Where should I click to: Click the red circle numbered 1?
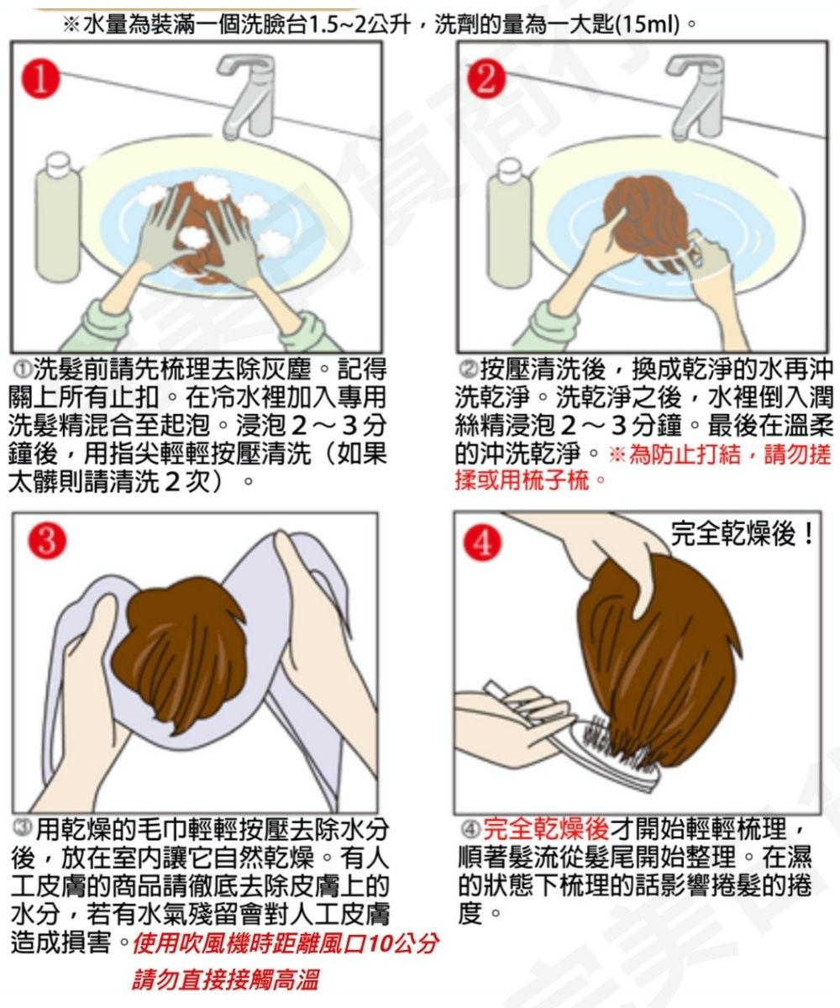click(41, 79)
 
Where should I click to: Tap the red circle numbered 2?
click(486, 79)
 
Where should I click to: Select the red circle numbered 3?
click(47, 540)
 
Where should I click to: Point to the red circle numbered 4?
click(482, 543)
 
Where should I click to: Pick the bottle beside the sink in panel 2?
click(509, 223)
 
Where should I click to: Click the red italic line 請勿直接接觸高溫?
click(225, 980)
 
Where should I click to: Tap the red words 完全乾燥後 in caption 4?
click(546, 828)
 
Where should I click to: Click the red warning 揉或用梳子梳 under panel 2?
click(522, 480)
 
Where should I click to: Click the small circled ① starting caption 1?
click(21, 370)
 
